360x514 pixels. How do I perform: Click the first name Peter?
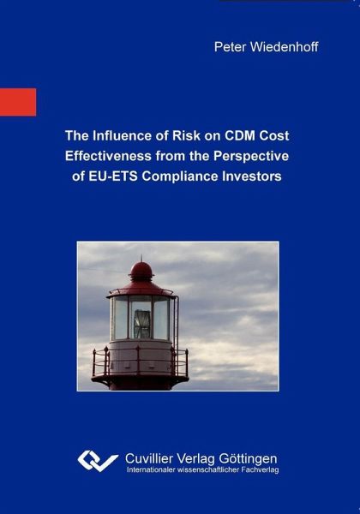[230, 47]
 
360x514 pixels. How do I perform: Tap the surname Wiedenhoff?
[284, 47]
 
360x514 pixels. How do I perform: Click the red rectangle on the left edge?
[18, 102]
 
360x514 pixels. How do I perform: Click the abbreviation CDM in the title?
[240, 135]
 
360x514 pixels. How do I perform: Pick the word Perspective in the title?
[251, 157]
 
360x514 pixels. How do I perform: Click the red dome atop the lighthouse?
[141, 271]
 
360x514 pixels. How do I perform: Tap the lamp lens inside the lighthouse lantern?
[142, 324]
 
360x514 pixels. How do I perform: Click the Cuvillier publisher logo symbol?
[98, 461]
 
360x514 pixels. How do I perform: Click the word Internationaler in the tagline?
[151, 469]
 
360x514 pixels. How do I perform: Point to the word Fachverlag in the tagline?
[260, 470]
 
